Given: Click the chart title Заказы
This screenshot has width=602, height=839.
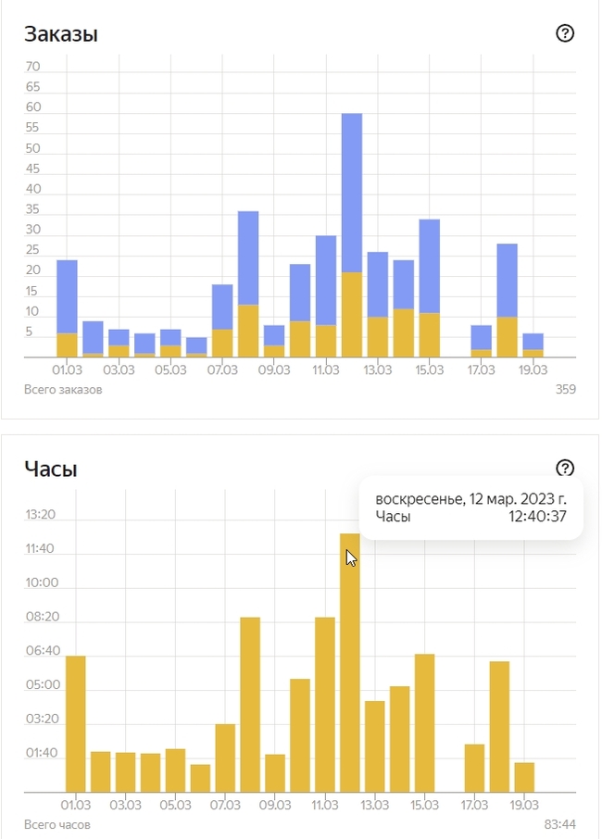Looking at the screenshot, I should point(61,34).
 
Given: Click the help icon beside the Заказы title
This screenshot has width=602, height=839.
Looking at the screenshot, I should point(565,33).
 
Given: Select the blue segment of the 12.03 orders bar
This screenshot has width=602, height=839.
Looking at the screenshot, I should point(351,192).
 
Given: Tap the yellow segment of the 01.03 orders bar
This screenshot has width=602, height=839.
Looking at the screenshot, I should point(67,344).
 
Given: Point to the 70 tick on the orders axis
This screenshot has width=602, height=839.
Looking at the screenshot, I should point(33,67).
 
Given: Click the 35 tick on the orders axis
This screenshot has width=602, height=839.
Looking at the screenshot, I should point(33,230).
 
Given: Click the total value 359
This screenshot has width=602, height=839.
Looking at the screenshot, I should point(565,389).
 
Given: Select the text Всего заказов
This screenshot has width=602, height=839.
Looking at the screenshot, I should point(63,389).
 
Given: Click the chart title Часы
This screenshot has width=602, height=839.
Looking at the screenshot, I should point(51,470).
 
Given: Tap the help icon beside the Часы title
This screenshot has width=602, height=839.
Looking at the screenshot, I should point(565,468).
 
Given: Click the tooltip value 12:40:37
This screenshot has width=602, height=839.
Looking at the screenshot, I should point(537,517).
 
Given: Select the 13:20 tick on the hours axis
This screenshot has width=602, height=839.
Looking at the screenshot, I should point(40,515).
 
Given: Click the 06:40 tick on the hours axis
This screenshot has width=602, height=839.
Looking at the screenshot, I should point(40,651).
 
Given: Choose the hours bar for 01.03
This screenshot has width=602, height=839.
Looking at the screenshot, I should point(75,722).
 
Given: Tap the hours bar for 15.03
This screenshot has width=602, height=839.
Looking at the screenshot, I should point(425,722).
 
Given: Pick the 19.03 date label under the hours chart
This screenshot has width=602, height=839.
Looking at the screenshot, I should point(524,805).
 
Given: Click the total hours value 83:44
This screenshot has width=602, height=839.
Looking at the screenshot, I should point(559,824).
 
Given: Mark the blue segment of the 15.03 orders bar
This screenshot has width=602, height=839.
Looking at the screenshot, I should point(429,266).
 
